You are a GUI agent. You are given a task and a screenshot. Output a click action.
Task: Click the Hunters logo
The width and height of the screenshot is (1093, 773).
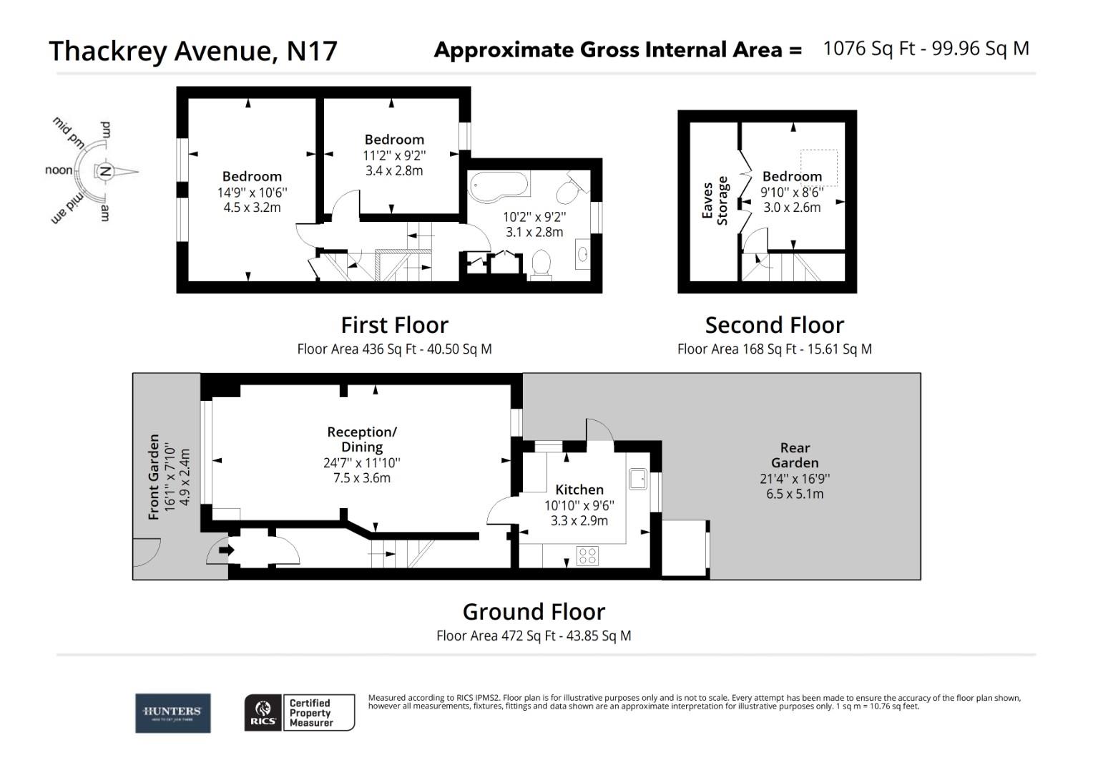172,713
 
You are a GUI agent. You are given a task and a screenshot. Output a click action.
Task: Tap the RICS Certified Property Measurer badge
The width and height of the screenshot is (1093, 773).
299,713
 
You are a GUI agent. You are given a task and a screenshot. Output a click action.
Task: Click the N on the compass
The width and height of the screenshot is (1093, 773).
105,171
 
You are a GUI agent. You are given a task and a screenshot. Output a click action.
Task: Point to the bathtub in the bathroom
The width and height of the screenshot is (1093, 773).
499,185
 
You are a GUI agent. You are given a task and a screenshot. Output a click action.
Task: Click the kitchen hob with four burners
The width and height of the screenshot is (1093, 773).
588,555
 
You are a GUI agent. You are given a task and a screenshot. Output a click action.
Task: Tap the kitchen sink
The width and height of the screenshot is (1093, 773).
637,479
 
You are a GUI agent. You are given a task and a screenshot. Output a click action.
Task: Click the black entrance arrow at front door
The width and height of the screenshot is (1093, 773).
226,550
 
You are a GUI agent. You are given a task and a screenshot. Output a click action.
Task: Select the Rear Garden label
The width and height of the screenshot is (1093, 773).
795,455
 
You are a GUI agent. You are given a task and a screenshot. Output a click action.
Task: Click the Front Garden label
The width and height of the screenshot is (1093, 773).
154,477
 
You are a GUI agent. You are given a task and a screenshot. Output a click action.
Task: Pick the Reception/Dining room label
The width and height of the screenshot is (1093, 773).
362,439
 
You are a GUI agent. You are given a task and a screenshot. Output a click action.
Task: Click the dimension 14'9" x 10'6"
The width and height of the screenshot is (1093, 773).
253,193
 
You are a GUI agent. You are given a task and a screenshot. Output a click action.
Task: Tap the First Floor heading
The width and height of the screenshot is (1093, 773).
394,325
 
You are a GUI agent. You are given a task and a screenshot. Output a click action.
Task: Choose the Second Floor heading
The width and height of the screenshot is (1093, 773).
774,325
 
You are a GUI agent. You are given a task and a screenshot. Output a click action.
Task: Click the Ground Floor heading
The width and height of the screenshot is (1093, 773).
534,612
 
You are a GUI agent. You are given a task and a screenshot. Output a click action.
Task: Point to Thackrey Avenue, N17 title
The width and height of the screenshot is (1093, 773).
193,51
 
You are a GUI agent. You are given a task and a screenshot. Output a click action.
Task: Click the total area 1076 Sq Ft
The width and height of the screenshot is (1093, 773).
869,49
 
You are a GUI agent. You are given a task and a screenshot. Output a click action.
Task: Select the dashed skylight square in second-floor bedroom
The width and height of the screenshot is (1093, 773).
818,167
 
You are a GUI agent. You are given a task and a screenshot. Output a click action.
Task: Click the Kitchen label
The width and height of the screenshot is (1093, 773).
579,490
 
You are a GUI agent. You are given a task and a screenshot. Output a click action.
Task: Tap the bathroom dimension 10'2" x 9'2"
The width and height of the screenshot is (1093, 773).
534,216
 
